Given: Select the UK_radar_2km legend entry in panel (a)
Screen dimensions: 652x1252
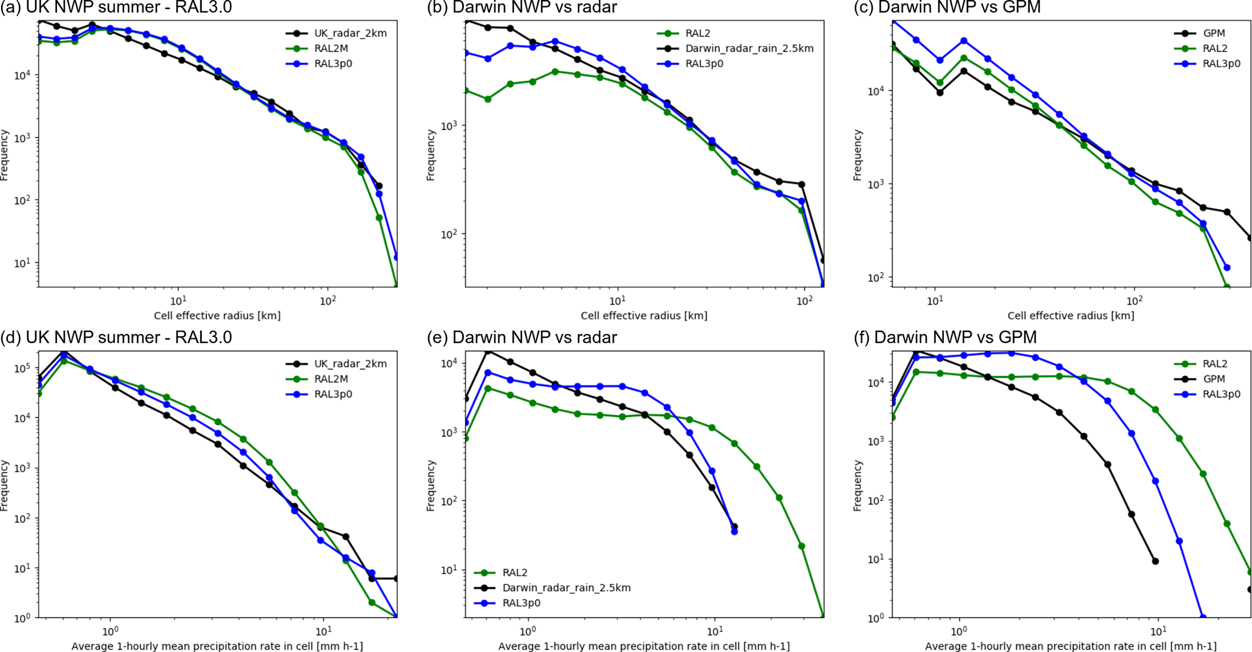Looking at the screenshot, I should click(350, 33).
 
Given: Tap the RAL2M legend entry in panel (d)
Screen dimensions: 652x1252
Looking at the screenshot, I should click(331, 379).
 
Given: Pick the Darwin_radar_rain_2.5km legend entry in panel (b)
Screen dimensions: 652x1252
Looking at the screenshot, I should click(749, 48).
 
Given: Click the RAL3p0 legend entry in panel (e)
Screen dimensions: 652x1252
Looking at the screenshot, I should click(521, 602).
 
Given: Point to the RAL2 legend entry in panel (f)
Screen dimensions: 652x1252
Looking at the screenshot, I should click(1215, 364).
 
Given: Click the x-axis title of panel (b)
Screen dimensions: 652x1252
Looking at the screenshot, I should click(644, 315).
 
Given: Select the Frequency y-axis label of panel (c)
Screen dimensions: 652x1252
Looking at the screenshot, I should click(857, 155).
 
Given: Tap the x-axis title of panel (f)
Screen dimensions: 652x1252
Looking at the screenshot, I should click(1070, 646).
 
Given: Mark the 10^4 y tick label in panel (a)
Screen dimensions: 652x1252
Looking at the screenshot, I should click(25, 75).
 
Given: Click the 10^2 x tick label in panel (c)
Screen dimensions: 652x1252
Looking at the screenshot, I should click(1134, 300).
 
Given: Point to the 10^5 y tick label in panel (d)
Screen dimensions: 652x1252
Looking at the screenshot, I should click(25, 368).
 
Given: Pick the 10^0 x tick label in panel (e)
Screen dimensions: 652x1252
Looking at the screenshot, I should click(528, 631).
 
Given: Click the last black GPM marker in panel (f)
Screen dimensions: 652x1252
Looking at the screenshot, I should click(1250, 589).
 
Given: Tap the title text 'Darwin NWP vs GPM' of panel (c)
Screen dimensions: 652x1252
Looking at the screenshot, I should click(959, 7).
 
